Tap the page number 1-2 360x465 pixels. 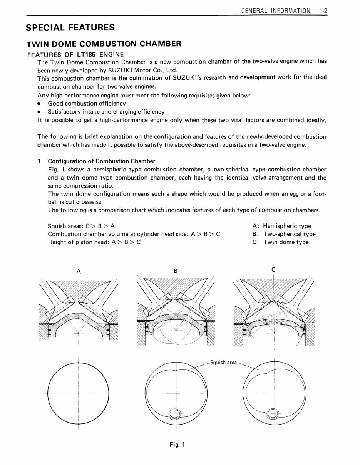click(x=323, y=11)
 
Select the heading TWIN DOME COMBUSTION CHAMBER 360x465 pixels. click(x=103, y=44)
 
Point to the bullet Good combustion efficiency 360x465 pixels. click(x=87, y=104)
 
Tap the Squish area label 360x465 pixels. click(x=223, y=363)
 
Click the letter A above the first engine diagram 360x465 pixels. click(x=79, y=271)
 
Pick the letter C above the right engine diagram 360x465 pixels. click(x=273, y=270)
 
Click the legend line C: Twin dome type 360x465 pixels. click(x=281, y=242)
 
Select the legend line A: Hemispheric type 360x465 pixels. click(x=281, y=226)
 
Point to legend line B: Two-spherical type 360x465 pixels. click(x=284, y=234)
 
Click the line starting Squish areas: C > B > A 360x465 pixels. click(x=81, y=226)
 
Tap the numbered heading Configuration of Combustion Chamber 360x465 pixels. click(x=101, y=161)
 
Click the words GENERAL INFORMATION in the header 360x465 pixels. click(x=275, y=11)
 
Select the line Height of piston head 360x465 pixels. click(x=94, y=242)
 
